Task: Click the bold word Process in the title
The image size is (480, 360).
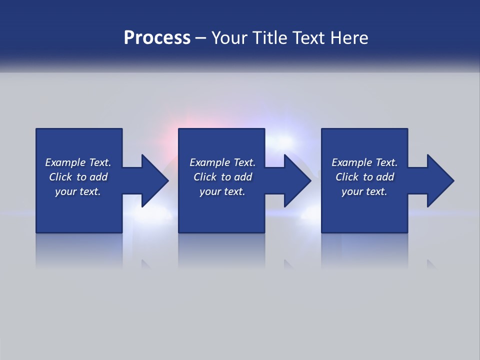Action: click(x=157, y=38)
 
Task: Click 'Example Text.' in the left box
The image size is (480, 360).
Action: click(x=78, y=162)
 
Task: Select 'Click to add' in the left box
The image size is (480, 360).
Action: click(x=78, y=177)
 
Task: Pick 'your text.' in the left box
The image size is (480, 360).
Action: click(x=78, y=191)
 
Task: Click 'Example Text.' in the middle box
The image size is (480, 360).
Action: click(x=222, y=162)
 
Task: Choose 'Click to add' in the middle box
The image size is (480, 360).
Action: click(x=222, y=177)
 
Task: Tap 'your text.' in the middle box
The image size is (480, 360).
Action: click(x=222, y=191)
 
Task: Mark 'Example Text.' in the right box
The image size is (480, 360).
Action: click(x=364, y=162)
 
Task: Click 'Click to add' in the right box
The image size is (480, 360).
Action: click(x=364, y=177)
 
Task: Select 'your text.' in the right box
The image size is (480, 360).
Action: click(x=364, y=191)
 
